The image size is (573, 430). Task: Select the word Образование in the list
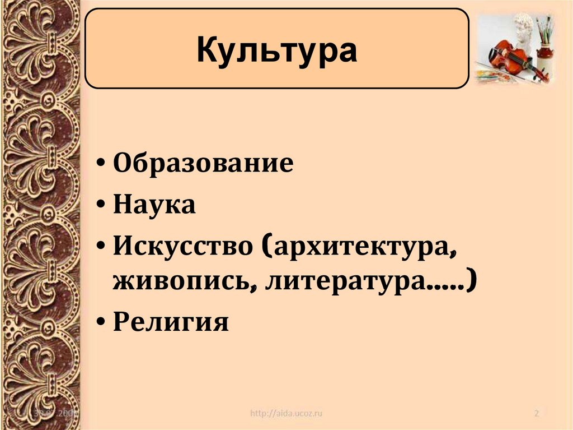coord(203,164)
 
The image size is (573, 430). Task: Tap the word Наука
coord(154,205)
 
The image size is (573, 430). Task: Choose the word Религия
coord(171,323)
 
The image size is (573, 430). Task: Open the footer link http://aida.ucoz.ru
coord(286,414)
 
